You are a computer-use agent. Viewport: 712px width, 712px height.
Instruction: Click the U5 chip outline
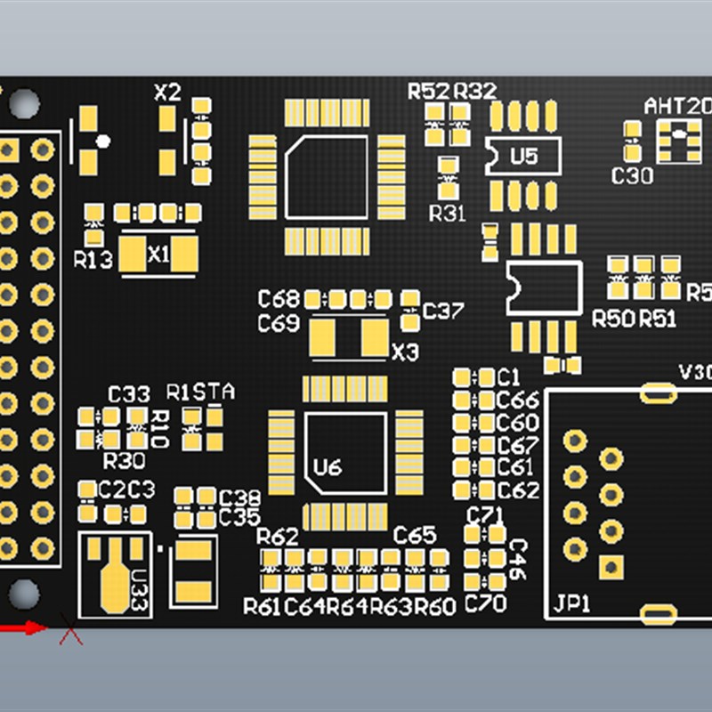523,157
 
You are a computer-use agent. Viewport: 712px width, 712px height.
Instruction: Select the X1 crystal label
158,255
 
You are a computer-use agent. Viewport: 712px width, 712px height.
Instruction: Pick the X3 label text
405,352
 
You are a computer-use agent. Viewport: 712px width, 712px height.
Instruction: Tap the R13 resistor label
93,260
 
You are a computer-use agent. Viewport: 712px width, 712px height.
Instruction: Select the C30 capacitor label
632,176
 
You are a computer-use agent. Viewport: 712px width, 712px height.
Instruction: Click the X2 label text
167,92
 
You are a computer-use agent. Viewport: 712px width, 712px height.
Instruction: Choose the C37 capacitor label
442,311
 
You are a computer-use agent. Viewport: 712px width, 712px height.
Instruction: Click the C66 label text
518,400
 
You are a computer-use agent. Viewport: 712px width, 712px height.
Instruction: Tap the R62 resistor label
278,537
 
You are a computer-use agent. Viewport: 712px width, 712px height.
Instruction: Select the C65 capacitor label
415,535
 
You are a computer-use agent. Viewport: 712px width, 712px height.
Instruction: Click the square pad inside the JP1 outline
611,566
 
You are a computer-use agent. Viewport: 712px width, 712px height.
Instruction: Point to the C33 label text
129,393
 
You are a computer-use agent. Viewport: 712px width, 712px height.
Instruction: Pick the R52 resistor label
429,91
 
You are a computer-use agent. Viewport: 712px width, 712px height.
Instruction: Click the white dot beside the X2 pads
103,141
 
